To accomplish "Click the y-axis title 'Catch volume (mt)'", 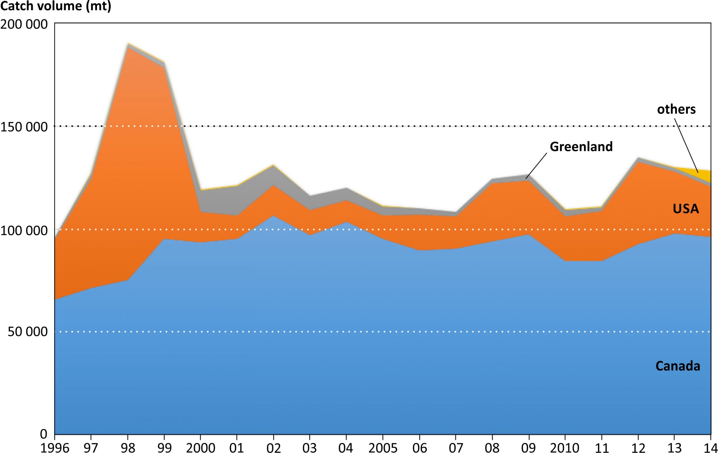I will (56, 6).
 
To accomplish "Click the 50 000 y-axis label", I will (27, 332).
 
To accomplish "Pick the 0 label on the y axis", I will (43, 434).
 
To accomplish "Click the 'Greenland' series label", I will (581, 147).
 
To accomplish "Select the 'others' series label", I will (676, 109).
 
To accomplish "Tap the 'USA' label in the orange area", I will (686, 209).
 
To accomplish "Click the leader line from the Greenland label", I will (536, 166).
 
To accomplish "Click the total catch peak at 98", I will (128, 43).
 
